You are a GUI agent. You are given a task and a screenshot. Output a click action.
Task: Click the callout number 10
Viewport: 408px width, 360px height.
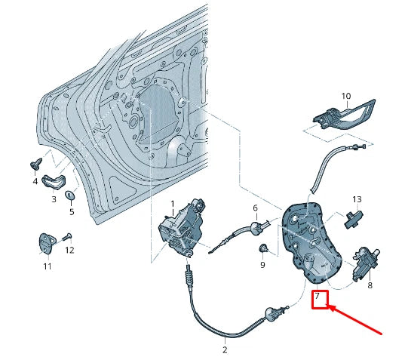coord(346,97)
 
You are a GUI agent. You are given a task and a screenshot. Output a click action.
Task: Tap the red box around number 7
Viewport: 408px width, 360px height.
coord(321,299)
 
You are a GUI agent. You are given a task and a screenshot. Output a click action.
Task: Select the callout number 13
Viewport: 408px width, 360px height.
coord(357,200)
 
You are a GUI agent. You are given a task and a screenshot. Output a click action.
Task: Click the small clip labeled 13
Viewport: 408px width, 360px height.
coord(353,219)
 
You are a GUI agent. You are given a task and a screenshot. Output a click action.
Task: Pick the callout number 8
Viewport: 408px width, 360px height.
coord(370,286)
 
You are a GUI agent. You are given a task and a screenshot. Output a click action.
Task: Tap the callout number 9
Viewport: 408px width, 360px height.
coord(262,266)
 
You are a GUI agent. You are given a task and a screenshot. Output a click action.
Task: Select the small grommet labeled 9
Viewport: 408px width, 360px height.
coord(263,248)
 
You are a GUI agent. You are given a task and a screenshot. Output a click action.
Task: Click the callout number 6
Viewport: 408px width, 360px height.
coord(255,208)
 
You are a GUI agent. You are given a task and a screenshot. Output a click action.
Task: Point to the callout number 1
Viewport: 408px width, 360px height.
coord(172,204)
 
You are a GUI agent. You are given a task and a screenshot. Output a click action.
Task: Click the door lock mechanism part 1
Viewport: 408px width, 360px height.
coord(181,230)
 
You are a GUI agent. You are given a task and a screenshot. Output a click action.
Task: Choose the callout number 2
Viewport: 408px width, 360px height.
coord(225,349)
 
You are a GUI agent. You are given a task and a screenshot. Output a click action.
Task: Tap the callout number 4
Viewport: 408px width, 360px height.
coord(35,182)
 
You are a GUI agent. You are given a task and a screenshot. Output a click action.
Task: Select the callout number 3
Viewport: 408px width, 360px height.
coord(54,199)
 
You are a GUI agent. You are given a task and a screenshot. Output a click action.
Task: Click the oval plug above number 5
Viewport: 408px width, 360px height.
coord(71,196)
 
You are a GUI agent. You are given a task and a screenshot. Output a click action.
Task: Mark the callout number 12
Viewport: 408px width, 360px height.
coord(69,249)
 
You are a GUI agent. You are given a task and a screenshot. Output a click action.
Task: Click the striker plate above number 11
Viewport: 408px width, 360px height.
coord(47,242)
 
